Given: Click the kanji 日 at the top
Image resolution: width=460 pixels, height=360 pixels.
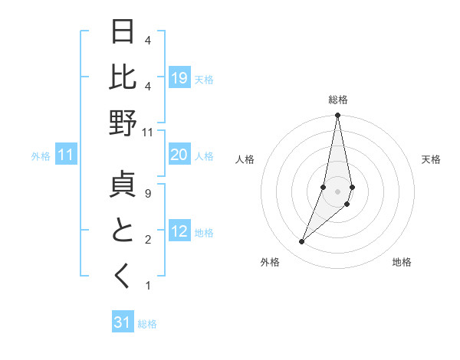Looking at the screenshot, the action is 123,33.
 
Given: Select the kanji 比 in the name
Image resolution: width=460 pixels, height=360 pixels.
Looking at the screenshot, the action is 123,78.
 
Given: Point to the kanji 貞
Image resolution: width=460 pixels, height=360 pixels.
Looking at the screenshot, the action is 123,186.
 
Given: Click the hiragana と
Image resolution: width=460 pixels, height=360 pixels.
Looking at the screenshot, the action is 123,231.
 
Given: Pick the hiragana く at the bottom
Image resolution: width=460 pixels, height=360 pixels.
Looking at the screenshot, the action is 123,277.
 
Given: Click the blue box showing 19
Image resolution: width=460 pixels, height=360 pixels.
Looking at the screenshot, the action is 179,78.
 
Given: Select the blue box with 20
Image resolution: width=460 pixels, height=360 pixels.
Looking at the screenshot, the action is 179,155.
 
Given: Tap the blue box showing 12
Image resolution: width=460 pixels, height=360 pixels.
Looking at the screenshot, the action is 179,231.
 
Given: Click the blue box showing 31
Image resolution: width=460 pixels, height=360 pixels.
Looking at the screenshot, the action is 123,322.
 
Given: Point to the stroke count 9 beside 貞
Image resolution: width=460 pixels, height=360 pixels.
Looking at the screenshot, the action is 147,194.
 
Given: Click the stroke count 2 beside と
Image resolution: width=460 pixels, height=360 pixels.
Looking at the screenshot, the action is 147,240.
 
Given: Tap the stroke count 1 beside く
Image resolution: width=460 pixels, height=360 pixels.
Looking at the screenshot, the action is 147,286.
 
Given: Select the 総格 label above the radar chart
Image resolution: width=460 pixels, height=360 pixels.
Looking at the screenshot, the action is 338,100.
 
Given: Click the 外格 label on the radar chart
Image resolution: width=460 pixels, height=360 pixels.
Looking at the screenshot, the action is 270,262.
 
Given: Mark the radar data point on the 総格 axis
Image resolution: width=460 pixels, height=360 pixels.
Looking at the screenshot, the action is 337,116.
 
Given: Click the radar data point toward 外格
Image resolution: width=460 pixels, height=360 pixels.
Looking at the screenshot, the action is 301,242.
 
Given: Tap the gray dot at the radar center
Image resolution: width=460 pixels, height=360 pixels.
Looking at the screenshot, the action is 337,191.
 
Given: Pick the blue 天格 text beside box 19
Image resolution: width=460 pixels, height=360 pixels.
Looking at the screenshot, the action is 204,79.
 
